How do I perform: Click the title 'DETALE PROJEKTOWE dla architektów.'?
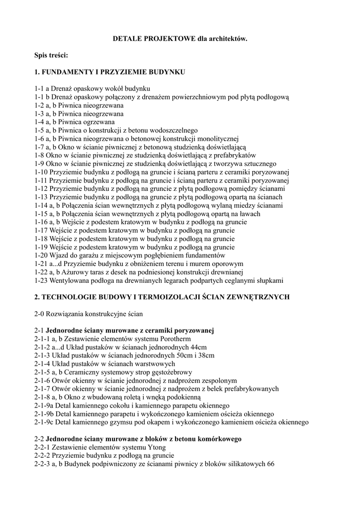180,38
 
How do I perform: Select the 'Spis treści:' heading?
51,55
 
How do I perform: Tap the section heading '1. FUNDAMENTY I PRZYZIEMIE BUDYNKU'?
110,72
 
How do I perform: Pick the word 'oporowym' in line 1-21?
228,264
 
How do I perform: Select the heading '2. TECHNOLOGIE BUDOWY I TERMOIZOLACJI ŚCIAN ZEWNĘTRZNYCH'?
162,297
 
